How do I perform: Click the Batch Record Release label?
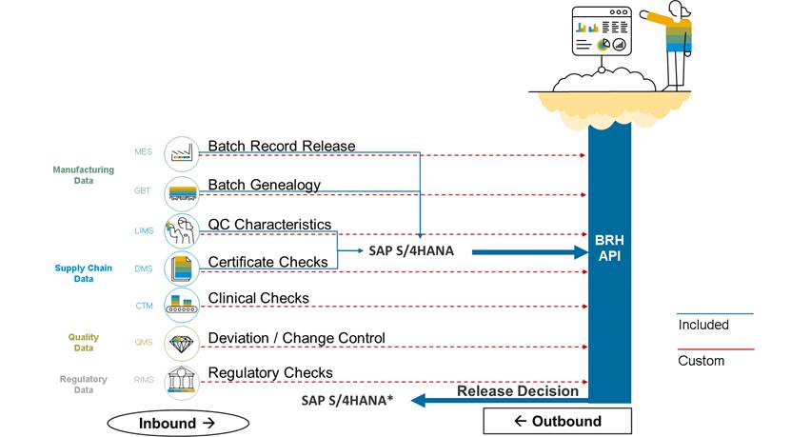(x=281, y=147)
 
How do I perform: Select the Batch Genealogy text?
(x=264, y=185)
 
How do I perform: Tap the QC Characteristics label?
(x=269, y=225)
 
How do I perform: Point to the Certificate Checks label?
(x=267, y=262)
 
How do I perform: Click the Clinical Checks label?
(x=258, y=299)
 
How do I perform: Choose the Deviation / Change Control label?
(x=296, y=338)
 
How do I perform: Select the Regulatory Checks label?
(x=270, y=372)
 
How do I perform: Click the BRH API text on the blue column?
(x=609, y=249)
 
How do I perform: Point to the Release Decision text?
(x=517, y=390)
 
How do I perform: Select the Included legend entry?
(x=703, y=325)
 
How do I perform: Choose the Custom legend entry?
(x=701, y=361)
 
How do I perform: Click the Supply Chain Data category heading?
(x=83, y=274)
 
